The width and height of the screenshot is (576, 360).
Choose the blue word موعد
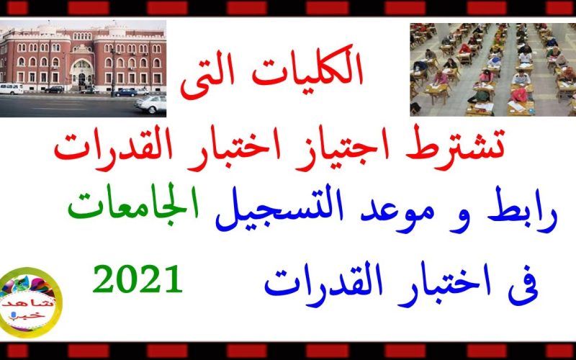[402, 212]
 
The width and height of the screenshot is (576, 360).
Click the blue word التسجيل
[279, 210]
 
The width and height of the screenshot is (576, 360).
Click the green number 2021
[138, 279]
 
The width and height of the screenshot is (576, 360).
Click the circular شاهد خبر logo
[30, 302]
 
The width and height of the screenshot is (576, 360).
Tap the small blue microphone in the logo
[14, 315]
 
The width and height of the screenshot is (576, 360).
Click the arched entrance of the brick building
[82, 73]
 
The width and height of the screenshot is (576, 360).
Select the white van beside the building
[12, 89]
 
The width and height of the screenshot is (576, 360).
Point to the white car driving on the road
[150, 104]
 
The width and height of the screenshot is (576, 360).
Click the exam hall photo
[493, 70]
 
